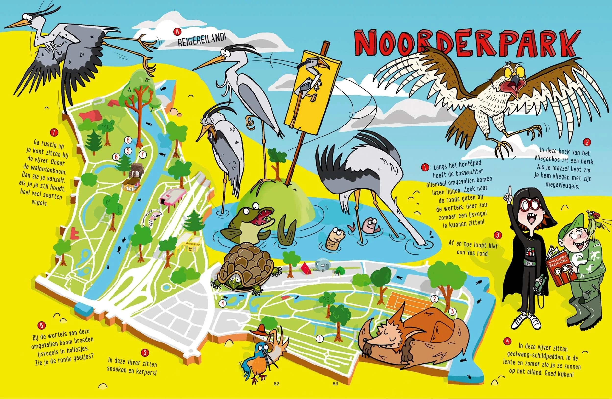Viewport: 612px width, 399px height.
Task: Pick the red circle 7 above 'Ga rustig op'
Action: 54,133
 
